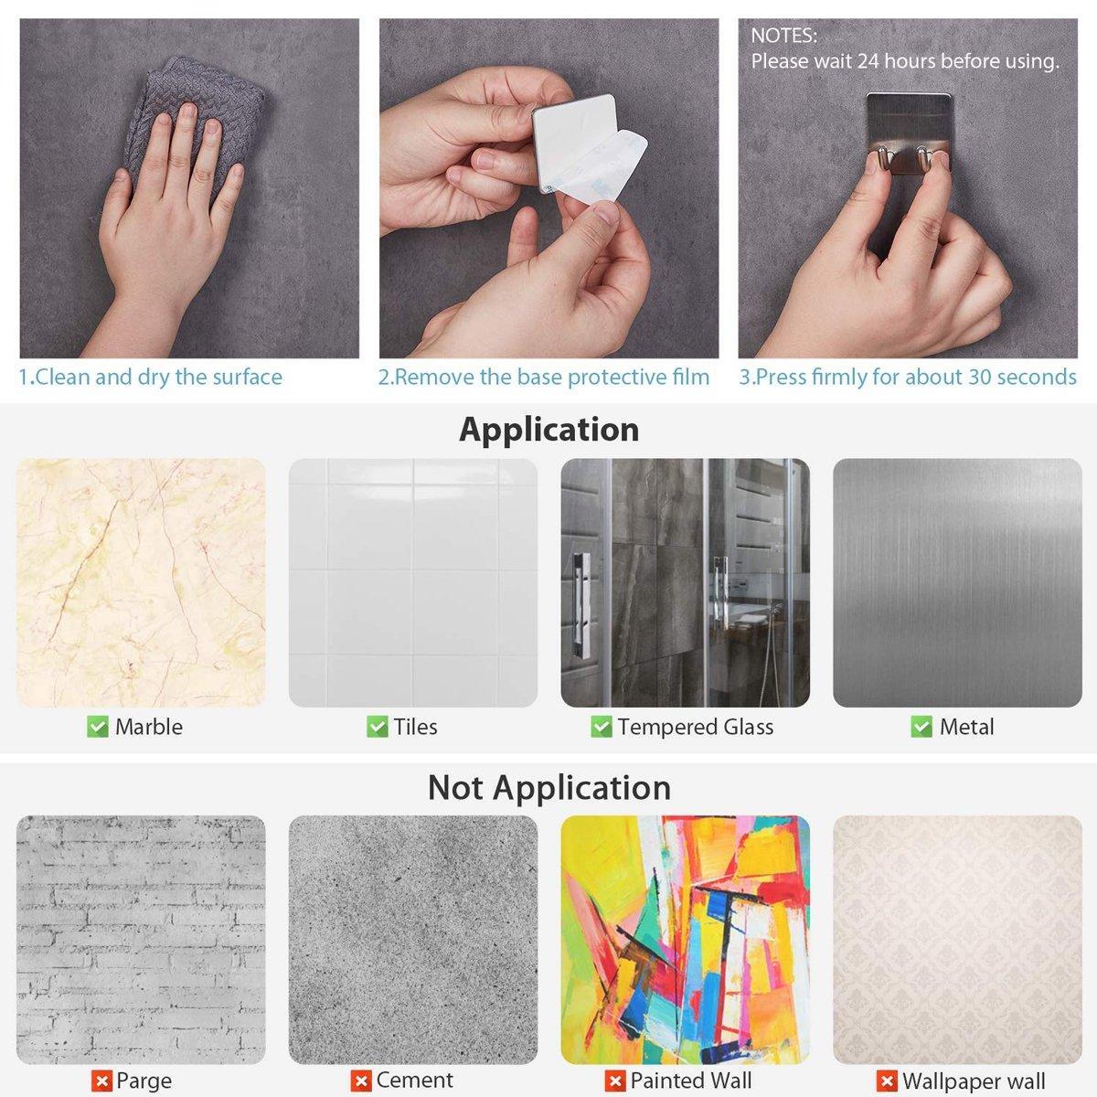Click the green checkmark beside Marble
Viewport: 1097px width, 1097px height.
97,727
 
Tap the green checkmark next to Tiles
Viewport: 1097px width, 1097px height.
377,727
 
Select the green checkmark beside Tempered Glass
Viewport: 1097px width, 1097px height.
602,727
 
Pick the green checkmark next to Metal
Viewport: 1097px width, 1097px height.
921,727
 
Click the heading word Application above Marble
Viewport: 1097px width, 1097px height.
548,431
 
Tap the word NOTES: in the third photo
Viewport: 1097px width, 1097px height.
783,36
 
